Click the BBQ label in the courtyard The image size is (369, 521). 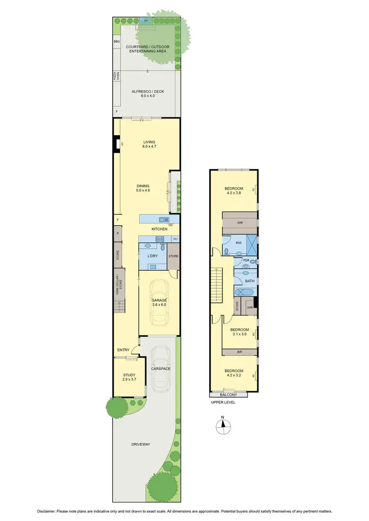117,42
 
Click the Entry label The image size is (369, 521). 123,350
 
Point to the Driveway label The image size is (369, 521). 141,444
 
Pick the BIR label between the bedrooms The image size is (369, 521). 240,352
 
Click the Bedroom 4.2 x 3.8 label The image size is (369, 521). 234,191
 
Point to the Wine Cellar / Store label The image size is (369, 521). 118,286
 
